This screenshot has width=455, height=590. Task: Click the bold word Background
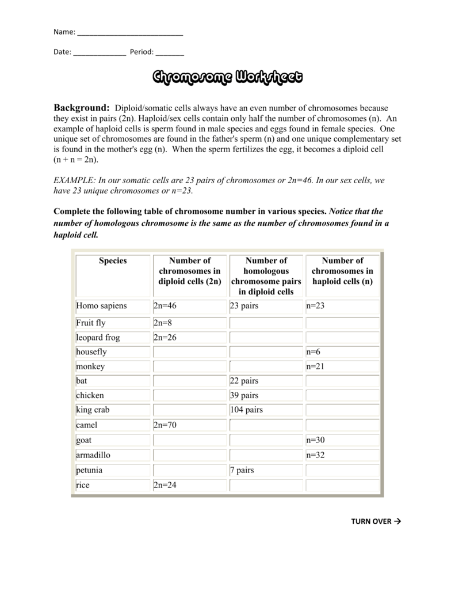coord(81,108)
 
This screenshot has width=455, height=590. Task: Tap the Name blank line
coord(130,33)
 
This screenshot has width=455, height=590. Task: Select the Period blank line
coord(170,52)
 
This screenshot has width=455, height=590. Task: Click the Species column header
coord(113,261)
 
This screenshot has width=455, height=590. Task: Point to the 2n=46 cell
coord(166,306)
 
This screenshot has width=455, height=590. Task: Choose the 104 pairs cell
coord(246,410)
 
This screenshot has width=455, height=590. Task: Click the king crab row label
coord(93,410)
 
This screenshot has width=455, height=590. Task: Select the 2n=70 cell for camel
coord(166,425)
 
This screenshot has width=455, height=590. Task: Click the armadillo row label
coord(93,455)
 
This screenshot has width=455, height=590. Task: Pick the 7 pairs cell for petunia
coord(242,470)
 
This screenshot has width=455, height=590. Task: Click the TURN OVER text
coord(376,521)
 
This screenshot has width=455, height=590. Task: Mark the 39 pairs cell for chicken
coord(244,395)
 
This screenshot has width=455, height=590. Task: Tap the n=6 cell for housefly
coord(313,351)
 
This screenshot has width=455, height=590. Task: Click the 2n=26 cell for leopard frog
coord(166,338)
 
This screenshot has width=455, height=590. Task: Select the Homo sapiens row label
coord(101,306)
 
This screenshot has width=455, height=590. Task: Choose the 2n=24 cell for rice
coord(166,485)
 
